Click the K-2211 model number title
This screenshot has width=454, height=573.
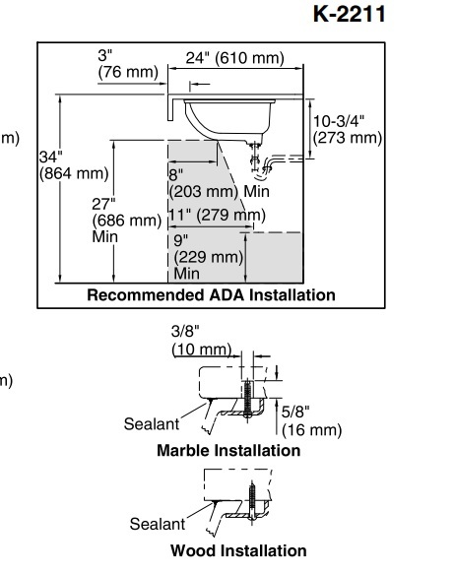tap(349, 14)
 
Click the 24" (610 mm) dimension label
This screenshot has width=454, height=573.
tap(234, 58)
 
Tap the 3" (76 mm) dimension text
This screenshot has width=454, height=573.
tap(128, 64)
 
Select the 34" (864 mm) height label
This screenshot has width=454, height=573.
tap(74, 165)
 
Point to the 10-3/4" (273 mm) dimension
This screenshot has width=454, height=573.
tap(348, 129)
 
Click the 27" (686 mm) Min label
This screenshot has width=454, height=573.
tap(126, 221)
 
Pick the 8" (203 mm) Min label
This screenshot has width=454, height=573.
tap(220, 183)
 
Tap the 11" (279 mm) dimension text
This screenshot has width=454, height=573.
tap(217, 215)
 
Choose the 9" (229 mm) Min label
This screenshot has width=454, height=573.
tap(209, 257)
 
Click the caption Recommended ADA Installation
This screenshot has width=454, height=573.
tap(212, 295)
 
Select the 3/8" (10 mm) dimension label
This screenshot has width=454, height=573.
tap(202, 341)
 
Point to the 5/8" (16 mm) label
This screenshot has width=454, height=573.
tap(311, 421)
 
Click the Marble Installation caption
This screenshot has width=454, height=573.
tap(228, 450)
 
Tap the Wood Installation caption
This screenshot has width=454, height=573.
tap(238, 550)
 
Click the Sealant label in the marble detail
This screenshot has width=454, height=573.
tap(152, 424)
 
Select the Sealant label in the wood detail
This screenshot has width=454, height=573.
tap(158, 524)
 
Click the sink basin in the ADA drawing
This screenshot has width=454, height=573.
tap(229, 119)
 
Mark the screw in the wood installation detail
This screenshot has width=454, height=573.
tap(252, 502)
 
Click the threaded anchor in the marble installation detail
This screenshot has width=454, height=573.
tap(248, 399)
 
